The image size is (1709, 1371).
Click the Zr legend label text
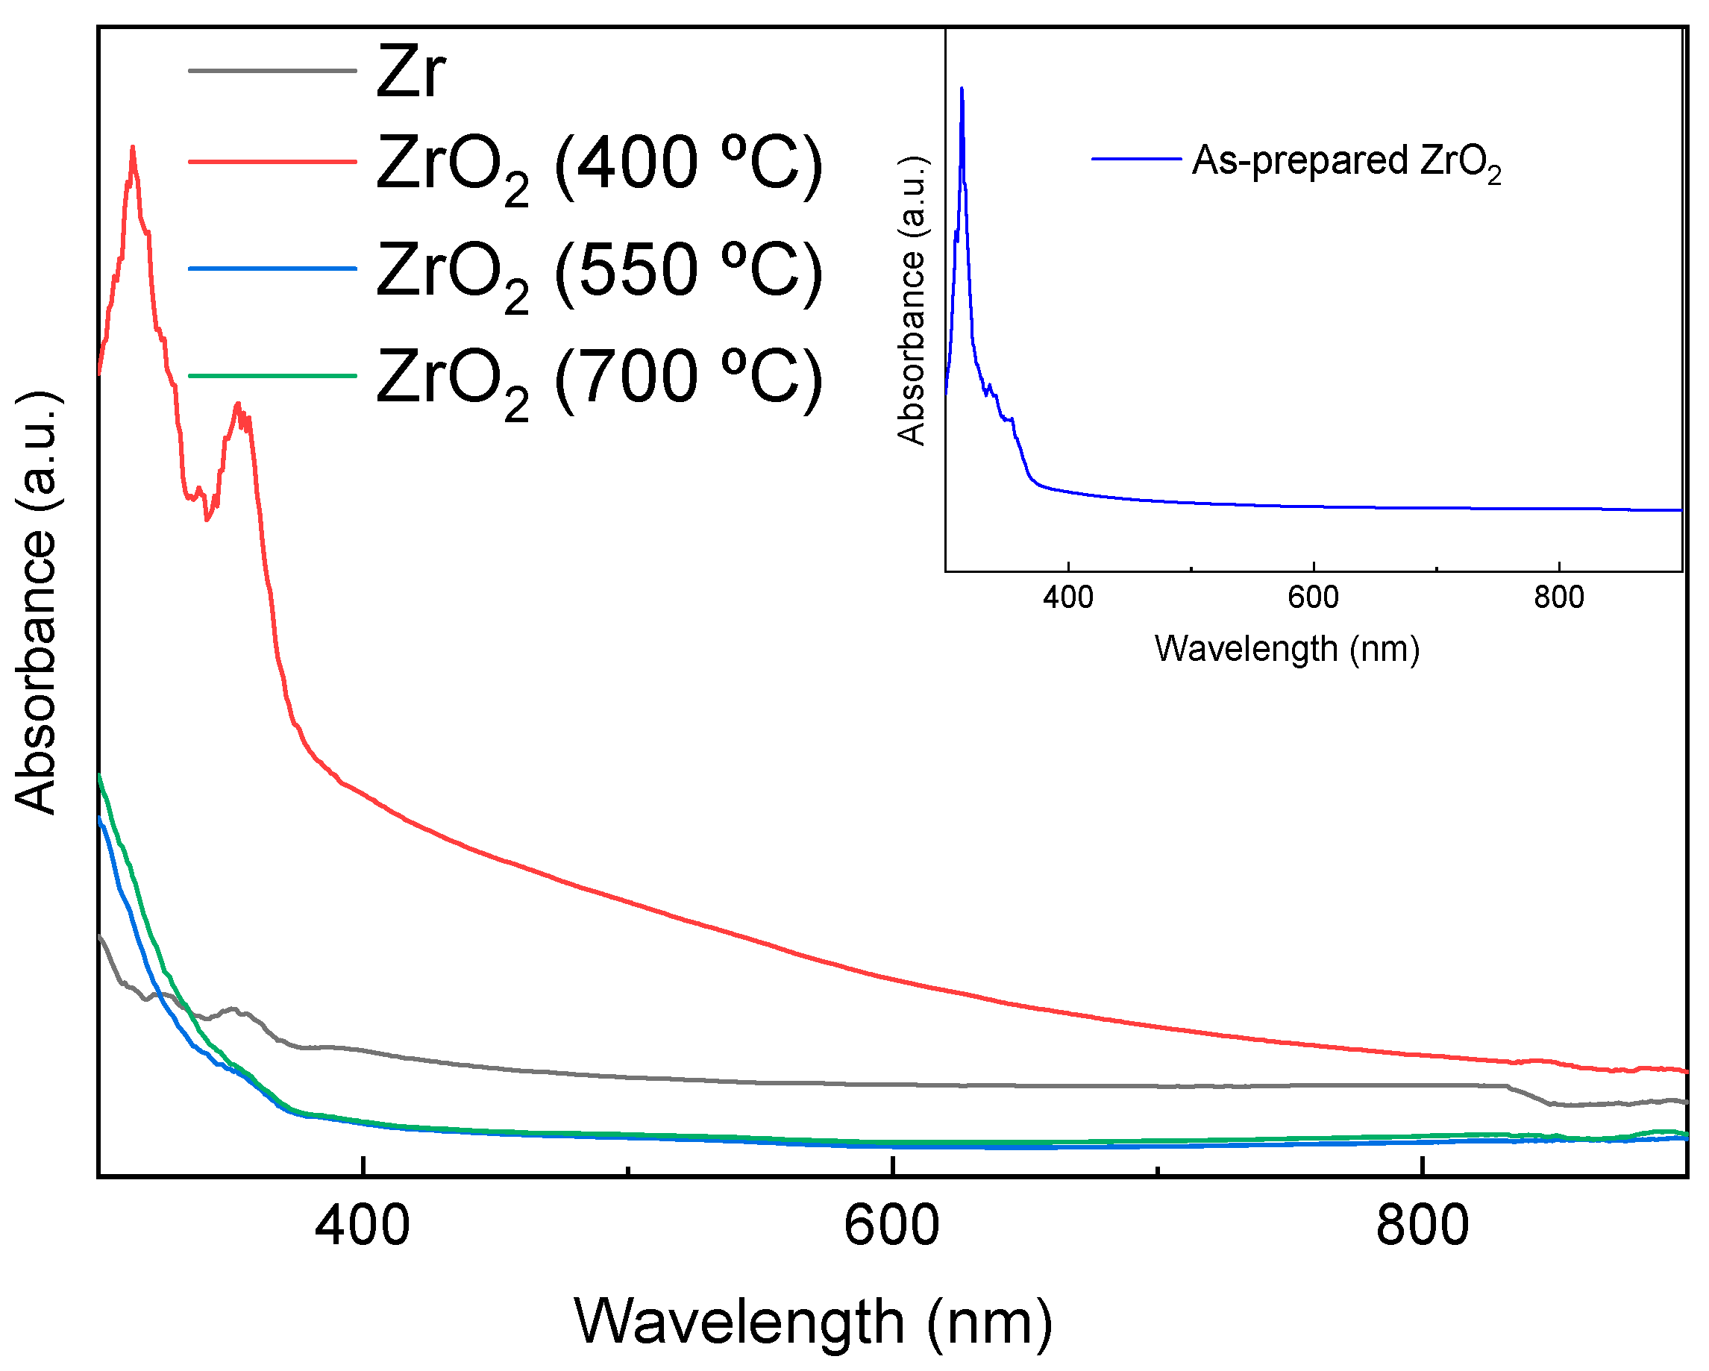[x=410, y=72]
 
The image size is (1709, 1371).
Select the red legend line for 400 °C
[x=272, y=162]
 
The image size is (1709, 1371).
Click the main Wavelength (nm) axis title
[x=813, y=1322]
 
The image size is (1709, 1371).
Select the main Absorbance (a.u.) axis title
[x=37, y=602]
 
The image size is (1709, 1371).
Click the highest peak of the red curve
[x=132, y=148]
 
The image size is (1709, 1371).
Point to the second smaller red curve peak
[x=237, y=404]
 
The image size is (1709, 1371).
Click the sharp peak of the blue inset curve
[x=962, y=89]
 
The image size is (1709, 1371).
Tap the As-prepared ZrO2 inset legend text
[x=1346, y=161]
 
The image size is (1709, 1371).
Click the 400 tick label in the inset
[x=1067, y=597]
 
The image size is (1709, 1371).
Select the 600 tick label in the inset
[x=1313, y=597]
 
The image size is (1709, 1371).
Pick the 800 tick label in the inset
[x=1558, y=597]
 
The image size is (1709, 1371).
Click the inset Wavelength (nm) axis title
[x=1287, y=649]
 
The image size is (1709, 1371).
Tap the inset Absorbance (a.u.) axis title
[x=912, y=301]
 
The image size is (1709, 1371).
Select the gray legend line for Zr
[x=272, y=72]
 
